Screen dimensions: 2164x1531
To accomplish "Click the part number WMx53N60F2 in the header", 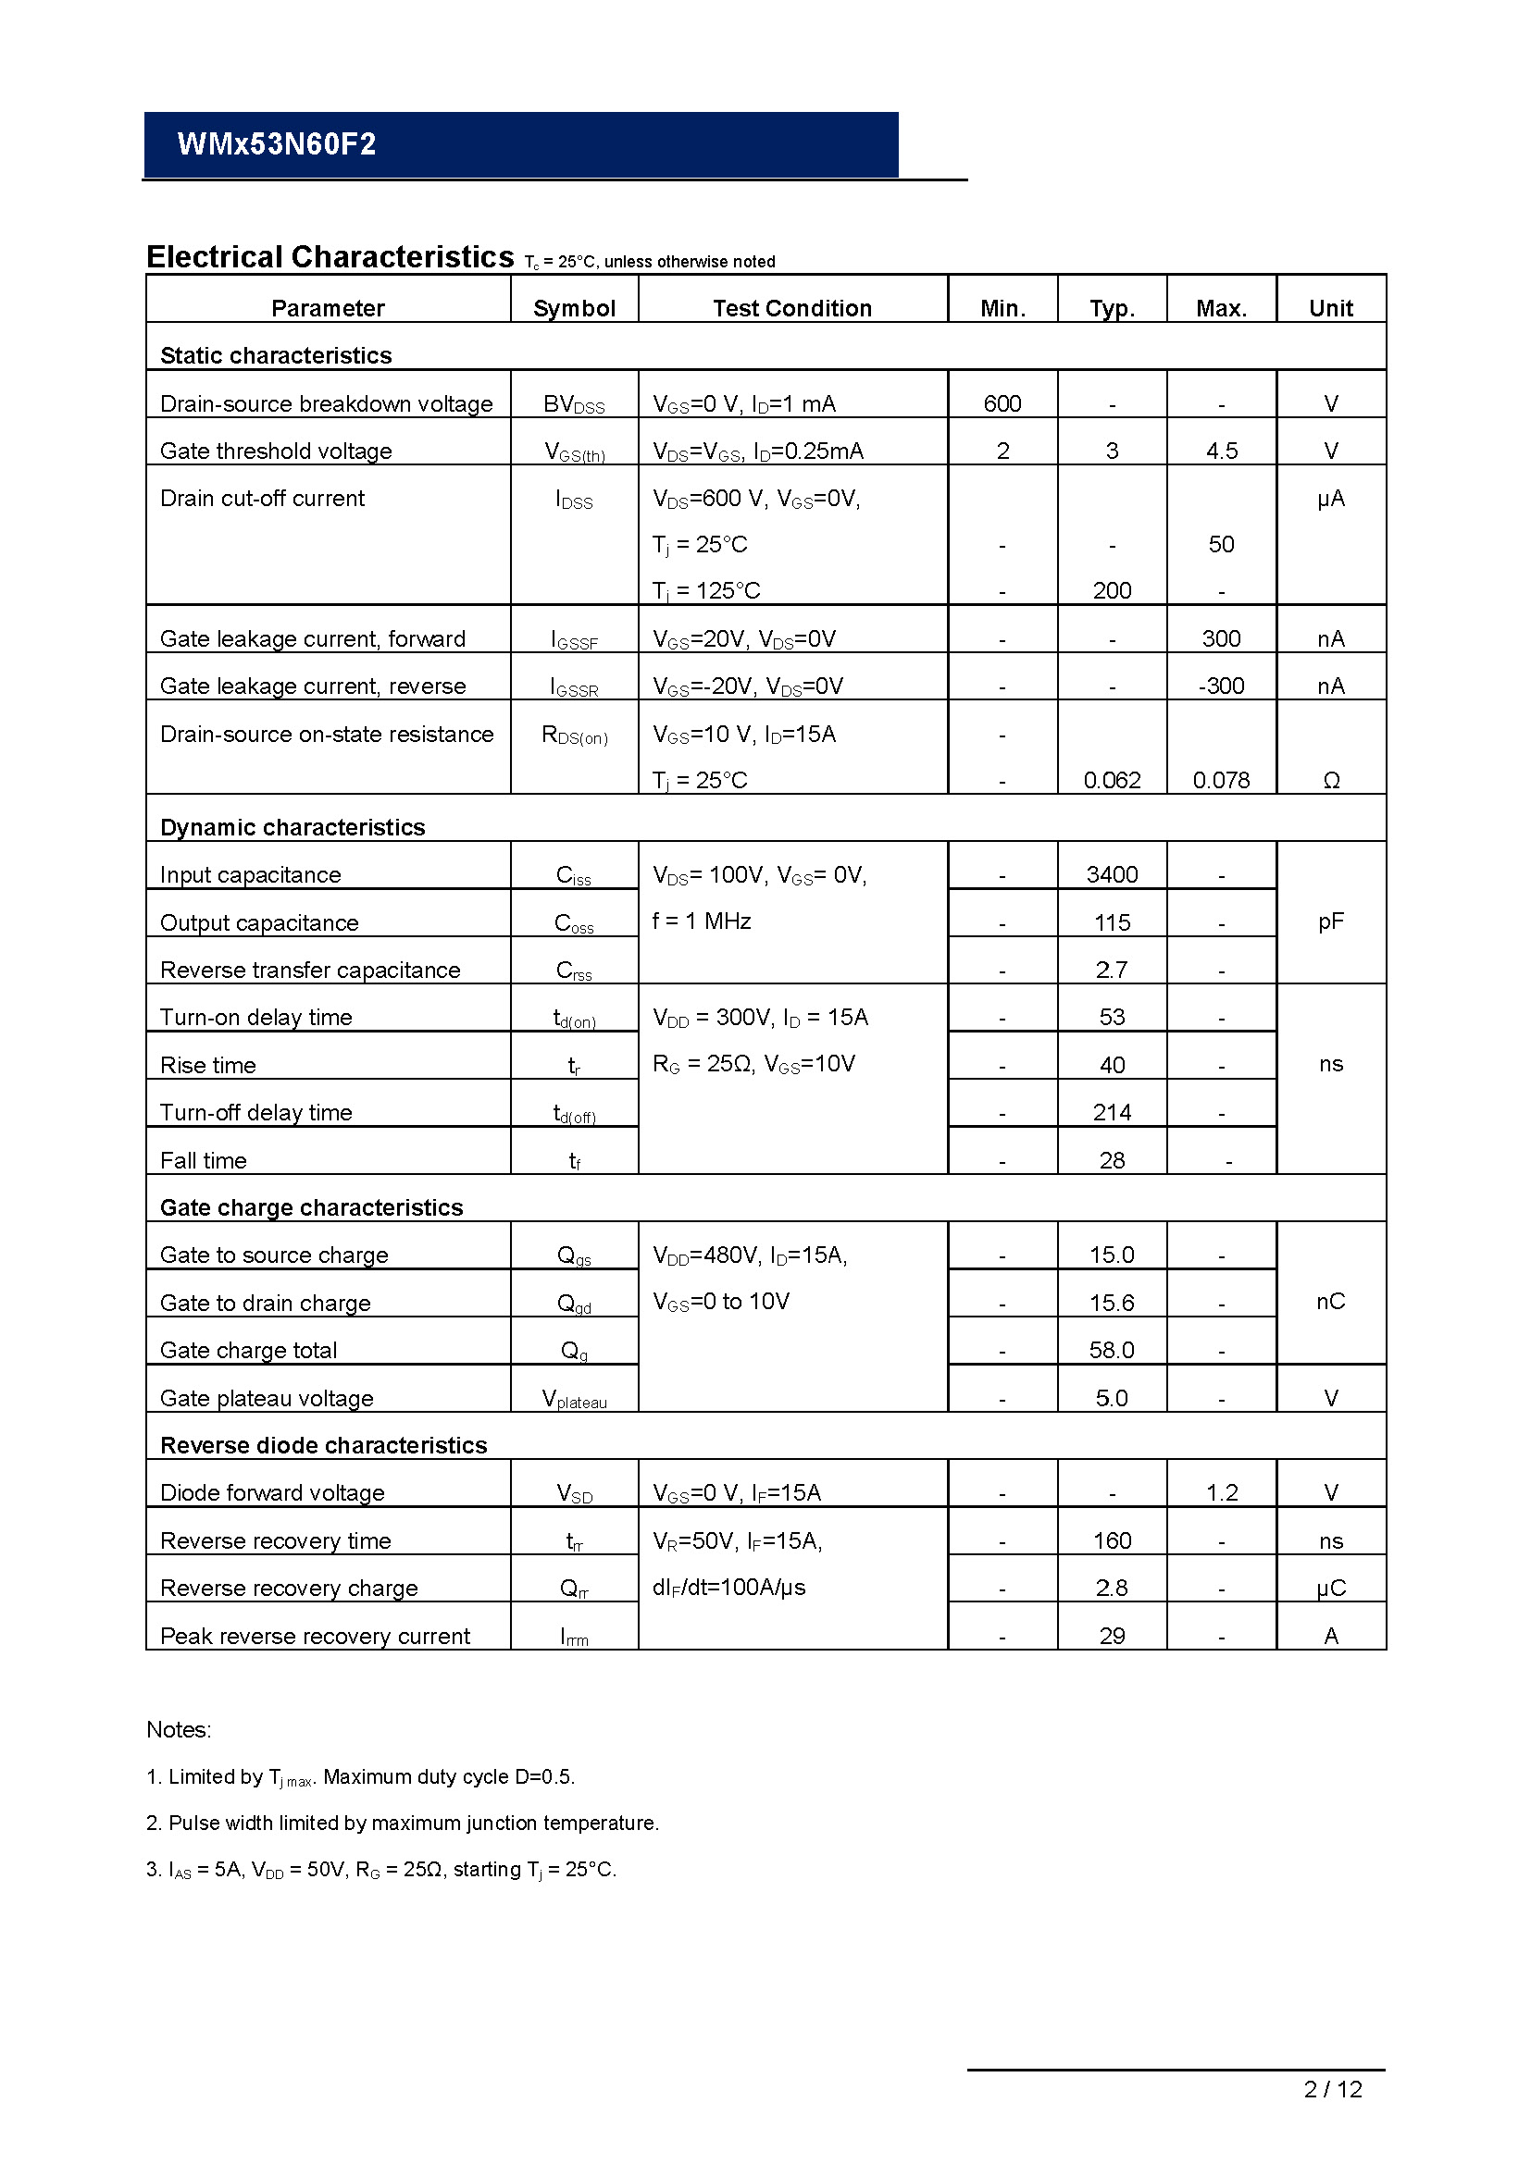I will (276, 144).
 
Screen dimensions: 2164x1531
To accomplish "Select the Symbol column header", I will (574, 308).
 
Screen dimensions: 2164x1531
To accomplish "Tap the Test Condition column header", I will (792, 308).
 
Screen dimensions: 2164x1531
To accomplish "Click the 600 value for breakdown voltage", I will (1002, 403).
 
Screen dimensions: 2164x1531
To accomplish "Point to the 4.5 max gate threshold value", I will (1221, 451).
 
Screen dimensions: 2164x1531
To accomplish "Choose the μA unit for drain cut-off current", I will (1330, 498).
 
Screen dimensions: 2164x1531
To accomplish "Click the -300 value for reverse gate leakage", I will (1221, 686).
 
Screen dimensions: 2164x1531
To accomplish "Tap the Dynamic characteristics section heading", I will (293, 826).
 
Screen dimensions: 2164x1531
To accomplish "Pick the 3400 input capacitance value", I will (1112, 874).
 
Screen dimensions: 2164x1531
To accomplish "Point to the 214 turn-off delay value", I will (1112, 1112).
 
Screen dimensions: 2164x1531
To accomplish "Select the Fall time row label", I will (204, 1160).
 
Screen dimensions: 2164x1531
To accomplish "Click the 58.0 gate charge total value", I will (1112, 1350).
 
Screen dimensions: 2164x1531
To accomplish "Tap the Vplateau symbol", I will (574, 1399).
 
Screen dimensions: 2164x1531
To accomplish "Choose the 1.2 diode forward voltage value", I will (1222, 1492).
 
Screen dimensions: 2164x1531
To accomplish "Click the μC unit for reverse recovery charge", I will (1330, 1589).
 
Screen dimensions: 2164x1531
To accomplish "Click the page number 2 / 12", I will (1332, 2090).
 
